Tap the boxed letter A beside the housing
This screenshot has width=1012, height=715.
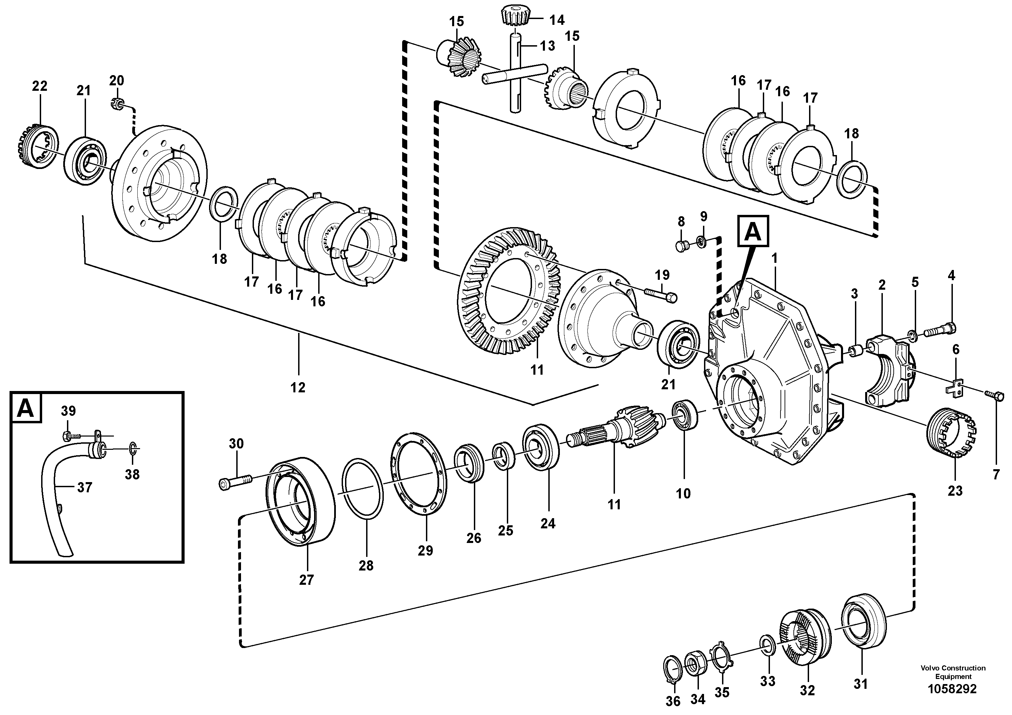coord(753,231)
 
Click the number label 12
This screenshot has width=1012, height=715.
coord(298,388)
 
